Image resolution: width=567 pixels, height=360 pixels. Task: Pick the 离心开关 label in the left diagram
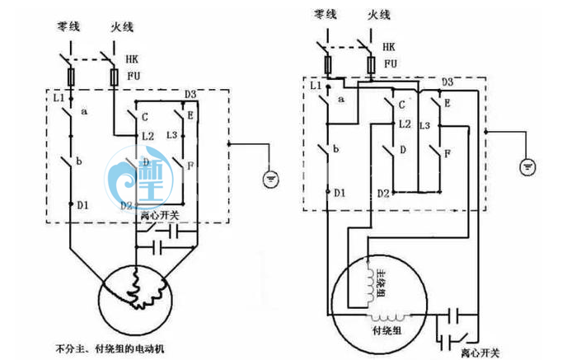pos(160,217)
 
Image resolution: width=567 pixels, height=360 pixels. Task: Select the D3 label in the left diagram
pos(190,93)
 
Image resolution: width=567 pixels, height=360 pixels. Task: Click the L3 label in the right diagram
pos(424,125)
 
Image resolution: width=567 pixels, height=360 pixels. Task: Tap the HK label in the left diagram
pos(133,59)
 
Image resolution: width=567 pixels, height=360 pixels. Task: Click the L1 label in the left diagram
pos(59,98)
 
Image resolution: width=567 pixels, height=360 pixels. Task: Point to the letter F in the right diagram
pos(447,154)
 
